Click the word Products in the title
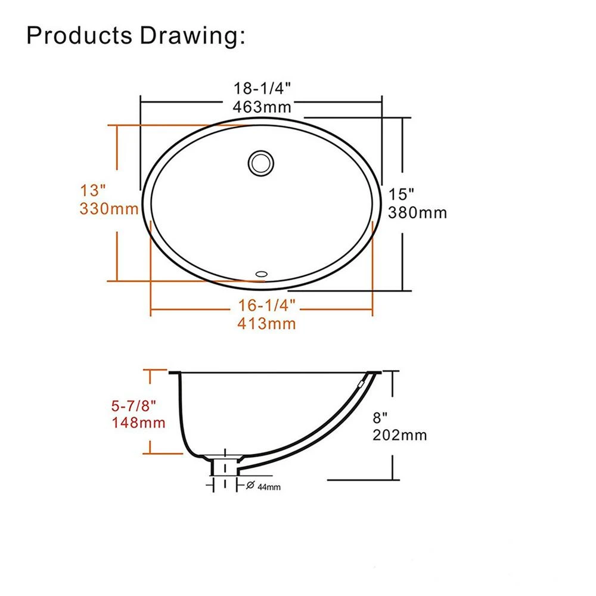79,35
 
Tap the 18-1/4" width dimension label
262,88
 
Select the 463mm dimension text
262,107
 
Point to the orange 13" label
93,191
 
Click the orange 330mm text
109,209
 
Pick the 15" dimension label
401,194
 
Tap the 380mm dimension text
417,213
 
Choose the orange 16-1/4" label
266,305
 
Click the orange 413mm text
266,324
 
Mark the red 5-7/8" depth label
134,406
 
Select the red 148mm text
138,423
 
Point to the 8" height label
380,418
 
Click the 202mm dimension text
399,435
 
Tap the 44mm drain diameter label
269,487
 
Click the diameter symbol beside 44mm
250,485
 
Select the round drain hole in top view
261,163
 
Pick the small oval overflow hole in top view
262,274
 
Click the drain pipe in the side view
224,467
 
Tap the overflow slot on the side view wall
361,384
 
